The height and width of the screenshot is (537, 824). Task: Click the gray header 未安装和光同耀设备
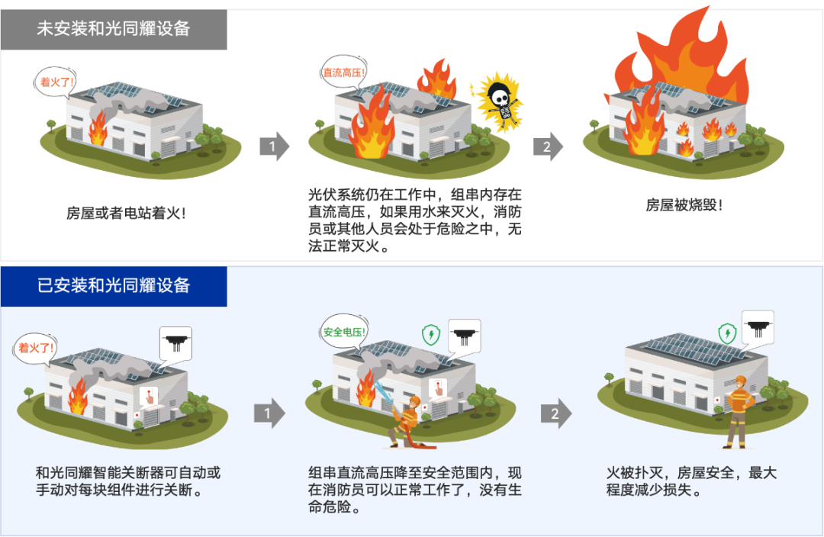[114, 30]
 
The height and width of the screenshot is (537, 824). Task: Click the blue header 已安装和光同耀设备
[114, 286]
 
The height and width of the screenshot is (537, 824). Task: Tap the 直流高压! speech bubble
[343, 72]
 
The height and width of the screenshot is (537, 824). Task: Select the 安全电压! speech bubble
[343, 332]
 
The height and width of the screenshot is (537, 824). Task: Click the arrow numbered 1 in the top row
[275, 146]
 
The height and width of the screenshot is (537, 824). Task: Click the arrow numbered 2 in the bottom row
[556, 413]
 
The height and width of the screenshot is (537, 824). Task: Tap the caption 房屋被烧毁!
[684, 205]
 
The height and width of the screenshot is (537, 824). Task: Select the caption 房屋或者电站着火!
[126, 213]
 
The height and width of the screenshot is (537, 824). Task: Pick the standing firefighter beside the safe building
[738, 412]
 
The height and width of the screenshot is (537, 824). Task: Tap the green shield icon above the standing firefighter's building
[727, 333]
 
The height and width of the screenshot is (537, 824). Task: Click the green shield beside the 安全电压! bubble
[431, 334]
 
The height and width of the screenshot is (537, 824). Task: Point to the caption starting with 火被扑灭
[691, 481]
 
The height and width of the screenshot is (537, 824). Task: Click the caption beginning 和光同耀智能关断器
[127, 481]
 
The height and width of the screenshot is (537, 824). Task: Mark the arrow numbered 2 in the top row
[548, 146]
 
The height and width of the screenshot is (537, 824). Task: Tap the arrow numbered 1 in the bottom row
[269, 413]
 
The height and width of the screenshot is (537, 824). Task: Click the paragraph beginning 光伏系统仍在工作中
[414, 220]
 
